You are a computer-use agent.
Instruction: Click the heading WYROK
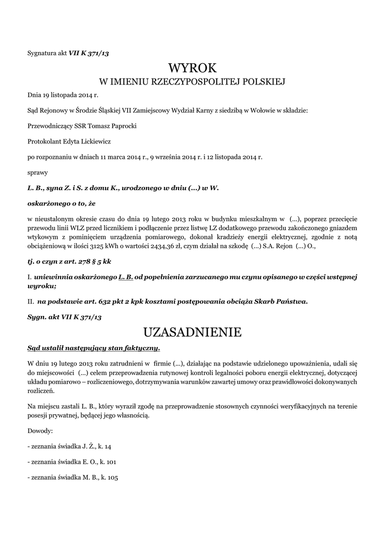(x=192, y=68)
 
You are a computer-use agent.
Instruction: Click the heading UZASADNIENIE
(x=192, y=332)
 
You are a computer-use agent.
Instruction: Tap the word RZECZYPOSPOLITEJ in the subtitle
(x=195, y=82)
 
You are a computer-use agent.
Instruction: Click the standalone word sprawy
(x=38, y=173)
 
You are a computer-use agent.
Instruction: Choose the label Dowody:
(x=40, y=431)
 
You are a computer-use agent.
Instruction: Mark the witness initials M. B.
(x=87, y=478)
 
